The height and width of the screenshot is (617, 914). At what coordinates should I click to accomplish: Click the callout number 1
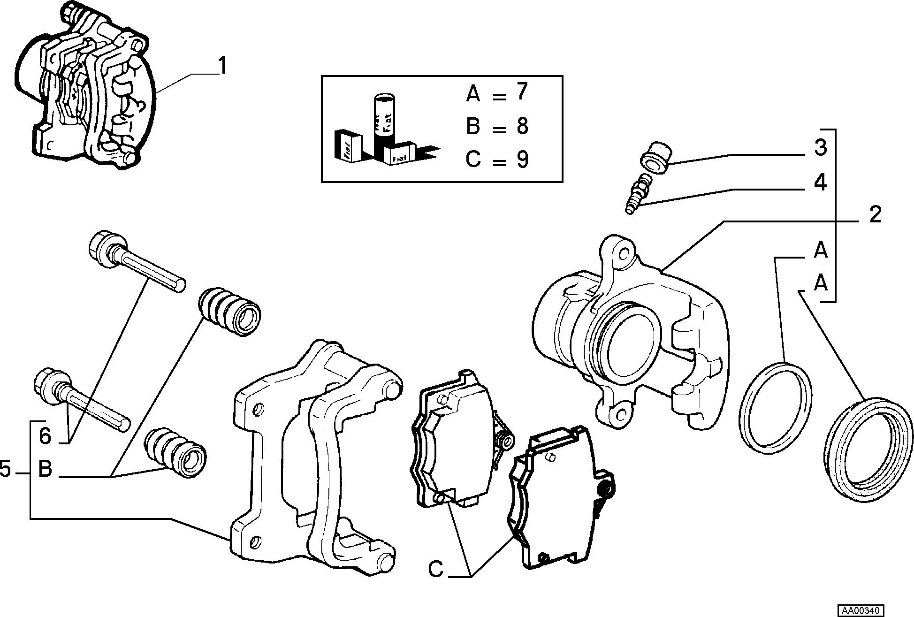tap(222, 66)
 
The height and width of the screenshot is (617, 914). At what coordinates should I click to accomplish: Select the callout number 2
tap(875, 215)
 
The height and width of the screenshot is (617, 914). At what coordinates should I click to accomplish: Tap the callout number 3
tap(820, 147)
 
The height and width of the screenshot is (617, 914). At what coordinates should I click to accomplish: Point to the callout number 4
tap(820, 183)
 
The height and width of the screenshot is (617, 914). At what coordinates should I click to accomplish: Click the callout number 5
tap(6, 469)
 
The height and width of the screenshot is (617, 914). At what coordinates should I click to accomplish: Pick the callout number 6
tap(45, 436)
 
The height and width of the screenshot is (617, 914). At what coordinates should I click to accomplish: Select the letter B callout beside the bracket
tap(45, 469)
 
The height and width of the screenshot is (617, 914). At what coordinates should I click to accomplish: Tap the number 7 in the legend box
tap(522, 92)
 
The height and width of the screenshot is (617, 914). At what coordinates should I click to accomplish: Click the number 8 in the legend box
tap(522, 126)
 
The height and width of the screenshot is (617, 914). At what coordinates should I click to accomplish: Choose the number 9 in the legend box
tap(522, 160)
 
